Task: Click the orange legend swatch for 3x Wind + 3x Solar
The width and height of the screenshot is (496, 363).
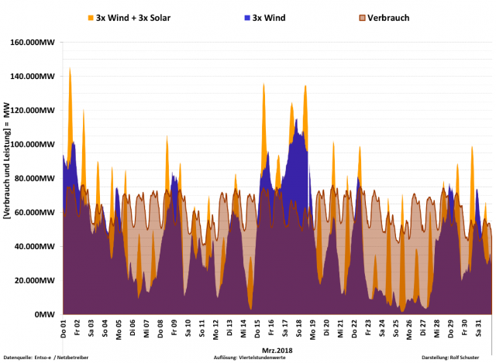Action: [90, 17]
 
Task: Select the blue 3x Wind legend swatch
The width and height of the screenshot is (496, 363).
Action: [245, 17]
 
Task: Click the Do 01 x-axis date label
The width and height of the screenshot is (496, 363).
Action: [64, 328]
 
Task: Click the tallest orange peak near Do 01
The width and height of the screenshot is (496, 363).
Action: [70, 69]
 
